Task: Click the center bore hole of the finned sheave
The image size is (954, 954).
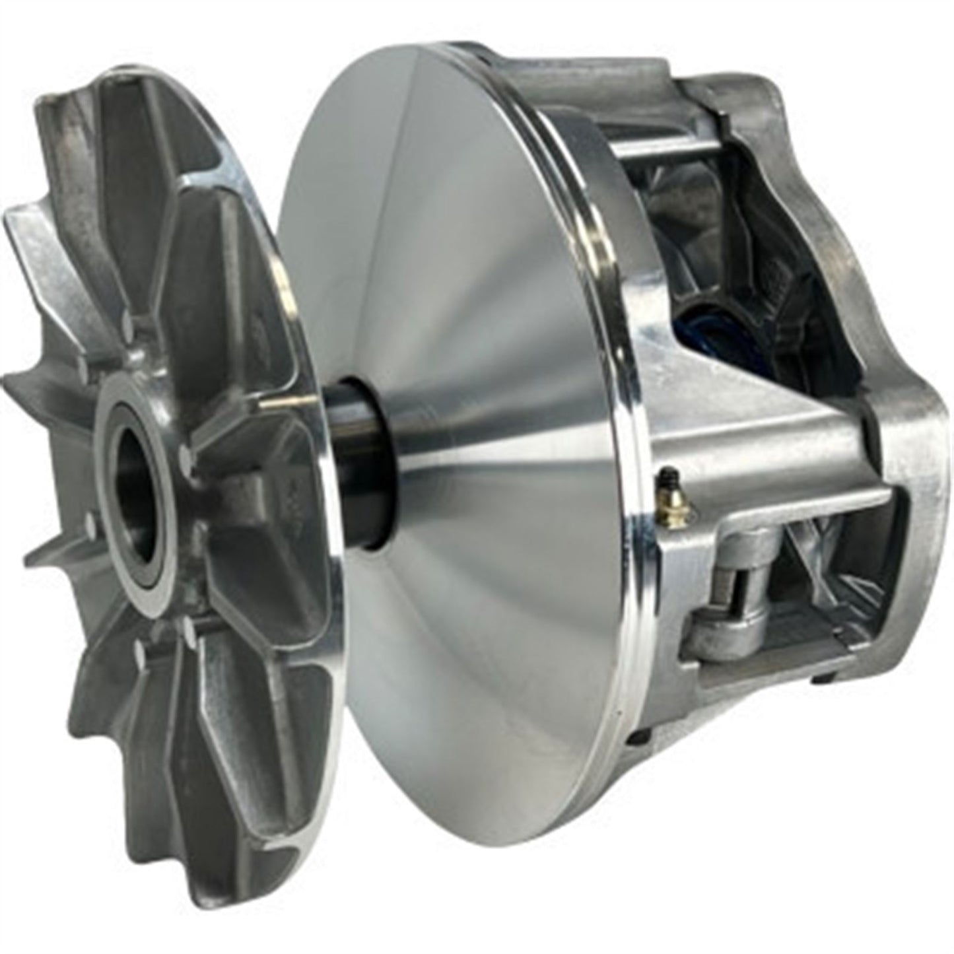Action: point(140,502)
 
